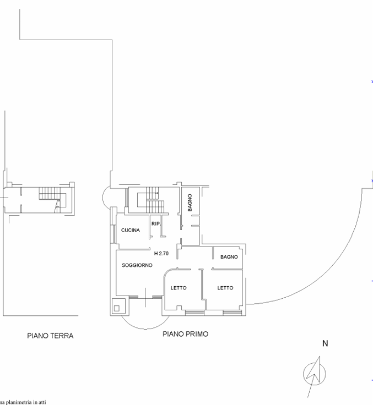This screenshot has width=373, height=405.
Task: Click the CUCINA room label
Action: (131, 230)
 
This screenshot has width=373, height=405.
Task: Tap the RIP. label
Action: (156, 223)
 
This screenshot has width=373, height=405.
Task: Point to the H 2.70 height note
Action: (161, 253)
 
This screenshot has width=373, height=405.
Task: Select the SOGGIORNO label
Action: (137, 265)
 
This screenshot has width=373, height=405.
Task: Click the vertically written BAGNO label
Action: (190, 202)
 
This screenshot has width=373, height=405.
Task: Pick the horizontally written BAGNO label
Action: (229, 257)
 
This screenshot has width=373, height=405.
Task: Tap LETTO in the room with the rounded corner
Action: (179, 288)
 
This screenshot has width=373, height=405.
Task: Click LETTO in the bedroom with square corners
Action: (225, 288)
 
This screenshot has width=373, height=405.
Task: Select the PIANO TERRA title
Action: (50, 336)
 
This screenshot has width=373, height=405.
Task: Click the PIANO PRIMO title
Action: (185, 334)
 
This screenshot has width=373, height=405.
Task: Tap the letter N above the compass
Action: (325, 343)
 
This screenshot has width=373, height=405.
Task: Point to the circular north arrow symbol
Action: (315, 374)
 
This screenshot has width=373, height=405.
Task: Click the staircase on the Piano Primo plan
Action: (151, 200)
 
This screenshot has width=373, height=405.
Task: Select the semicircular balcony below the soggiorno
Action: (145, 329)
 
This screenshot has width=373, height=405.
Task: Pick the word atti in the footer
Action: (42, 402)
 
